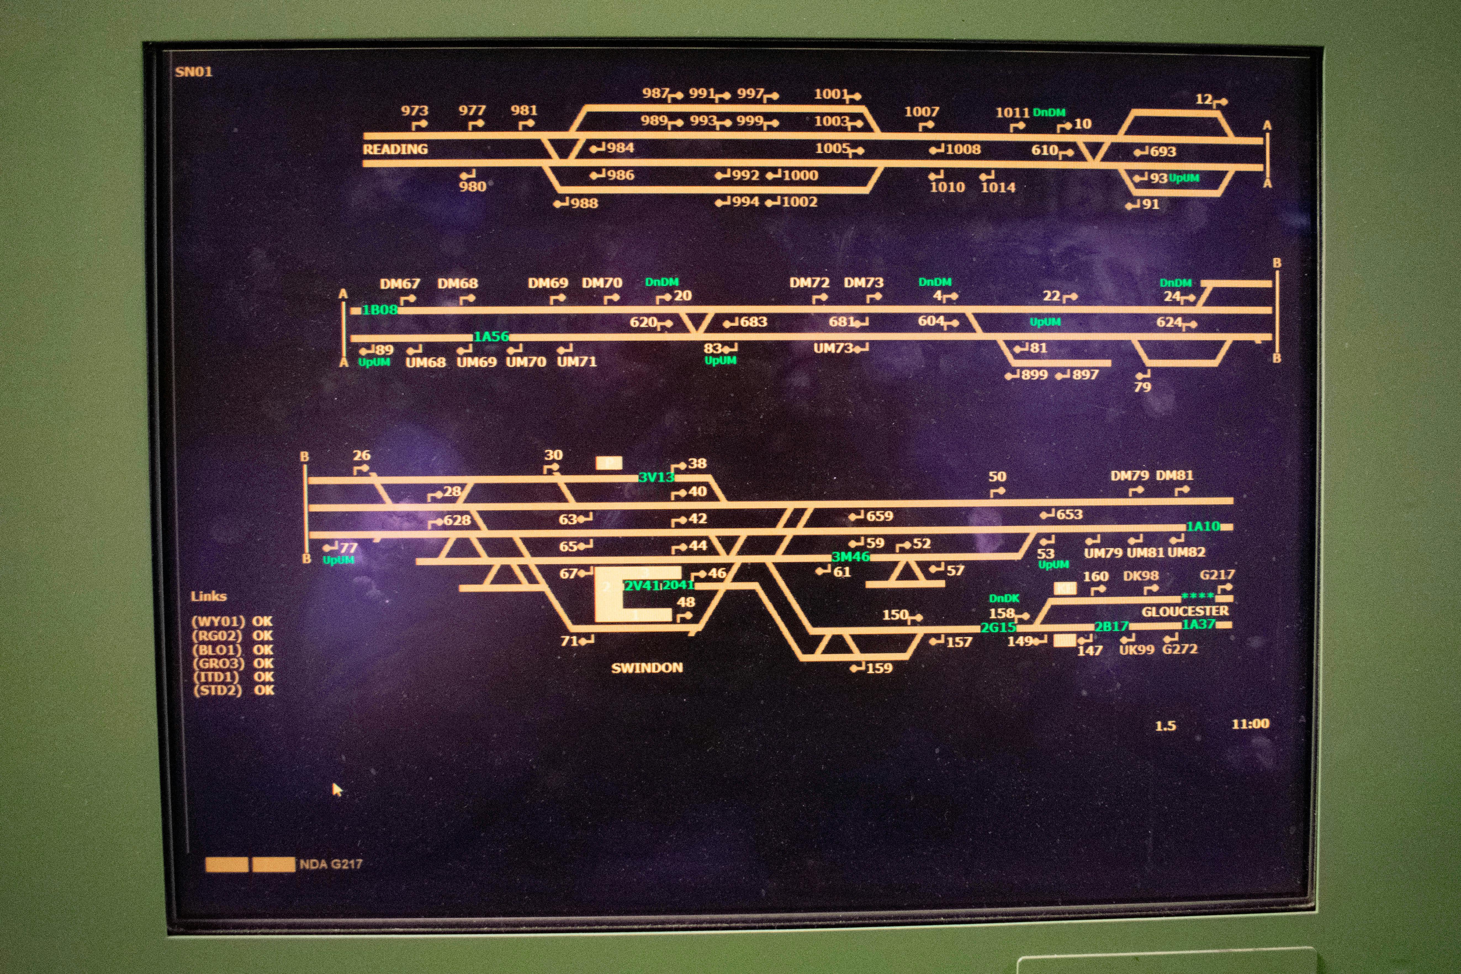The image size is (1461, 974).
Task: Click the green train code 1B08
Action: point(380,309)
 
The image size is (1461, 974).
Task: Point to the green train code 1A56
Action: point(491,337)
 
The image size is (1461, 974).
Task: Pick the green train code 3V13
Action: point(656,477)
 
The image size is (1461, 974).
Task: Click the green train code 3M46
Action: point(850,557)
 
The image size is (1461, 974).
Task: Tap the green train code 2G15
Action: point(998,627)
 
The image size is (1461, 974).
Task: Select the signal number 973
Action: point(414,110)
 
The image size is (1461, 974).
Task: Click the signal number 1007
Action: point(921,112)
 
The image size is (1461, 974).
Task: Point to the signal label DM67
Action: point(400,284)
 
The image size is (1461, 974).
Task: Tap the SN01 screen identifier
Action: point(194,72)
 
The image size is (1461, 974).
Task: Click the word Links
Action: point(209,596)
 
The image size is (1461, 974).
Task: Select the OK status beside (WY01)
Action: point(262,621)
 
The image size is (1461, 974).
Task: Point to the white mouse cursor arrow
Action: point(337,790)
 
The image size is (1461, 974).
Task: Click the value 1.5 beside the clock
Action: point(1165,726)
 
